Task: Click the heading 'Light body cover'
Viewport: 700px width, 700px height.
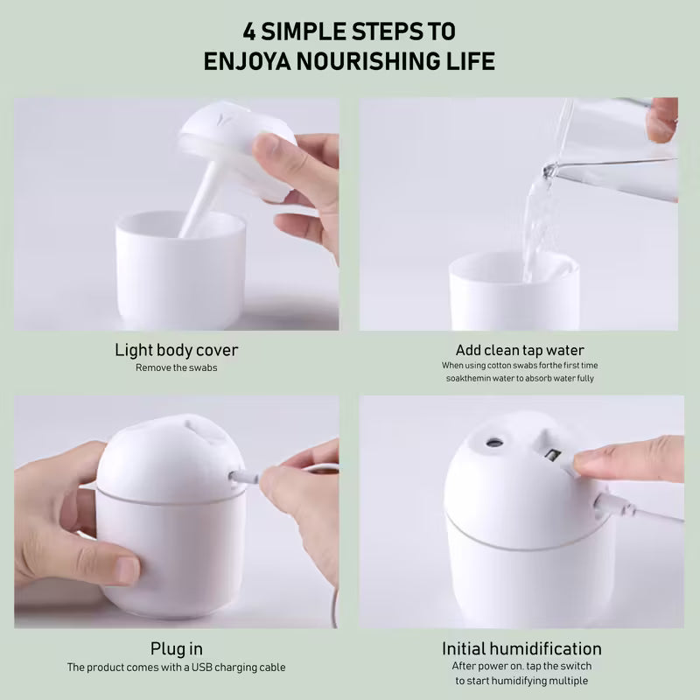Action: (177, 350)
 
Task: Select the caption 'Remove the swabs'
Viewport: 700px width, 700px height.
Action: (177, 367)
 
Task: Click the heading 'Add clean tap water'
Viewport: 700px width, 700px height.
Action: (520, 350)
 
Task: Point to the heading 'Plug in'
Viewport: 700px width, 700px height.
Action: (177, 648)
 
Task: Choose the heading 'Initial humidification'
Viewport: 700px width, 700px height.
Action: (521, 648)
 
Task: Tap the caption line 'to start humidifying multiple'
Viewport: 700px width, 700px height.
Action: (521, 681)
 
